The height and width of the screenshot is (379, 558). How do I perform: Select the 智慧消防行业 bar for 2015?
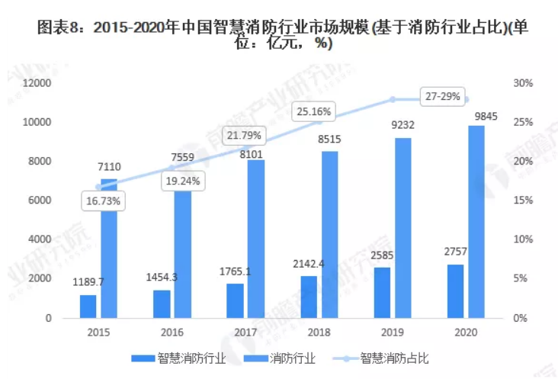tap(88, 306)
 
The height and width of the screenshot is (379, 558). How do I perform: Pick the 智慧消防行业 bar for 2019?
tap(382, 292)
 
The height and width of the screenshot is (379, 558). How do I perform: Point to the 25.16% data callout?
tap(313, 112)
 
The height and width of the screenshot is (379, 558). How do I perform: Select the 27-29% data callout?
tap(443, 98)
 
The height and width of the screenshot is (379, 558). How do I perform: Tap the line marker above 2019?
tap(393, 99)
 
